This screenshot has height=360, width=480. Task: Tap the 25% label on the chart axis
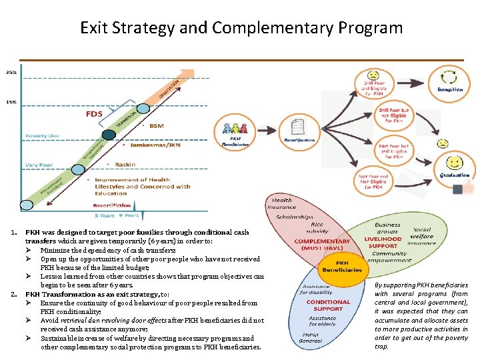click(12, 72)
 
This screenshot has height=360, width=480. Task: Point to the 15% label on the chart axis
click(12, 102)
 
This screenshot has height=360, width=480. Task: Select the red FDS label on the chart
click(94, 114)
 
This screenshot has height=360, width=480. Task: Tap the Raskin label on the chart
click(125, 164)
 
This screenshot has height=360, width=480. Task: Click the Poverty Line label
click(42, 135)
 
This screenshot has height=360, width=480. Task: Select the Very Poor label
click(39, 165)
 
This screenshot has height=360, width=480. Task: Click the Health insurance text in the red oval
click(282, 204)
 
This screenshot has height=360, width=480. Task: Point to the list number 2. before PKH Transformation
click(15, 293)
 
